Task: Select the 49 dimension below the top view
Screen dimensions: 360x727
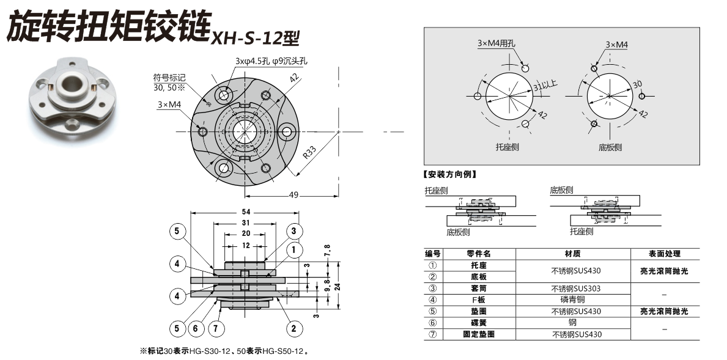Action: pos(293,195)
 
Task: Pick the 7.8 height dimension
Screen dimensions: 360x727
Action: pos(328,251)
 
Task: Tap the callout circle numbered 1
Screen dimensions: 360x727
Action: pos(293,249)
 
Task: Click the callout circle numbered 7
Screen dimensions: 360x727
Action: pos(215,328)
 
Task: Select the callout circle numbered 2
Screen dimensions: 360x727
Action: pos(293,328)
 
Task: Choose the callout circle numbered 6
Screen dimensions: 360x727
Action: pos(196,328)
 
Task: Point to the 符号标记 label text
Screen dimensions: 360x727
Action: pos(169,78)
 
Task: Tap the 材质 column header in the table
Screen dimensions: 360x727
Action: pos(572,254)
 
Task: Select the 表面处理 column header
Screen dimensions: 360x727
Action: pos(664,254)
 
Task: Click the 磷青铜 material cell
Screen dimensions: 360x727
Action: pos(572,299)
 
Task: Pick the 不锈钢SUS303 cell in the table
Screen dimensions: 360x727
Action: pos(572,288)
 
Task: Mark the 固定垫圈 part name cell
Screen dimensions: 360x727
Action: pos(479,334)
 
